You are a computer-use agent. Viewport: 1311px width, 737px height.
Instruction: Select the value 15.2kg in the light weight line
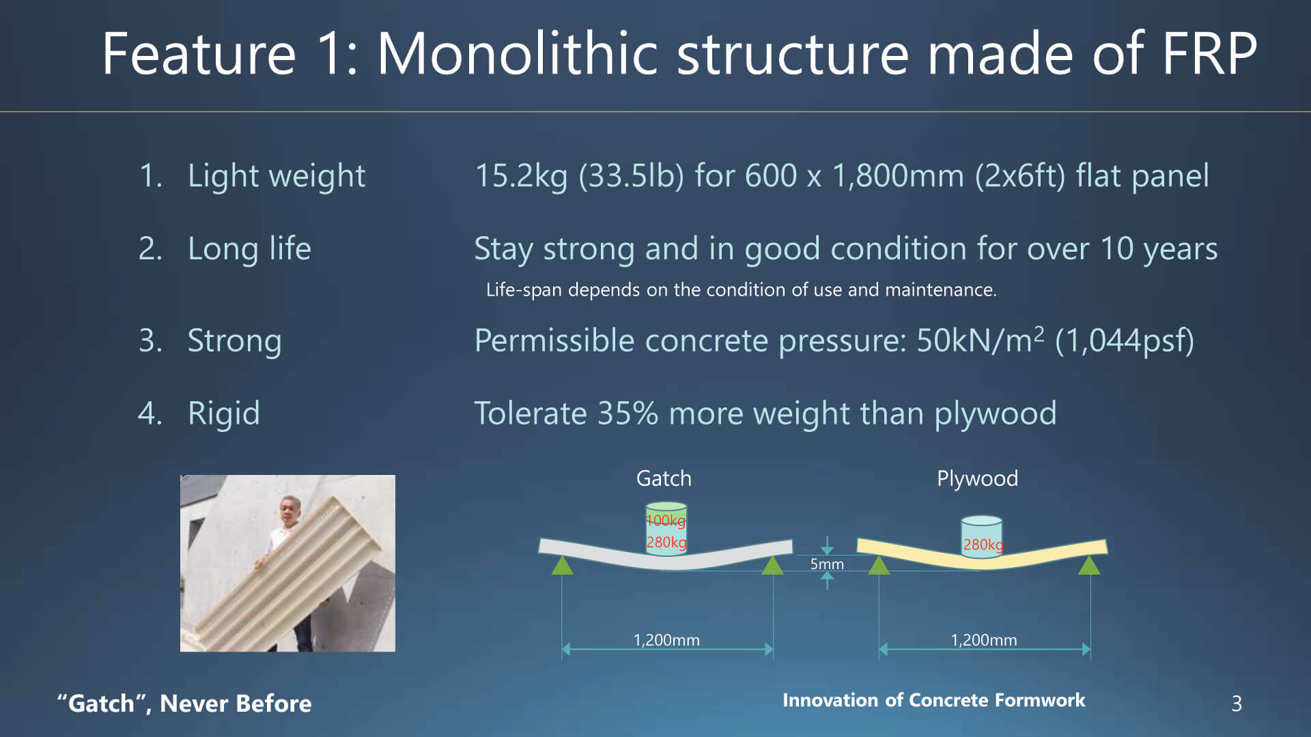[x=521, y=177]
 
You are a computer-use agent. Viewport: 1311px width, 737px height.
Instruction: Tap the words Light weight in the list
[x=277, y=177]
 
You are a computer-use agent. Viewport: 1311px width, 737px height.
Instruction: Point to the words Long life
[x=249, y=249]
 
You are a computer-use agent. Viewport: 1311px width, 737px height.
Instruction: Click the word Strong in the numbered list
[x=234, y=341]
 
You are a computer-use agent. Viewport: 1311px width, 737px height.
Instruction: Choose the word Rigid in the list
[x=224, y=414]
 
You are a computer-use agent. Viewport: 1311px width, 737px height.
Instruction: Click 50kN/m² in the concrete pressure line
[x=980, y=340]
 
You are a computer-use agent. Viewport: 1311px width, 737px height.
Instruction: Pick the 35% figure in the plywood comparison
[x=628, y=414]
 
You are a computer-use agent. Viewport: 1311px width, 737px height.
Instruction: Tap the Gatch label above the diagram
[x=664, y=478]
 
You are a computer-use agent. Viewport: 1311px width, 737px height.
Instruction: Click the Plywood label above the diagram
[x=977, y=479]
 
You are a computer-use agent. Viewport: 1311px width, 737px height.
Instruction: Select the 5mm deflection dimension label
[x=827, y=564]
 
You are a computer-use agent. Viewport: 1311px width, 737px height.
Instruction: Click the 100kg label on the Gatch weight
[x=666, y=521]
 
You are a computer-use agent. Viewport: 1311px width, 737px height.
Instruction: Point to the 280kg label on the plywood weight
[x=983, y=545]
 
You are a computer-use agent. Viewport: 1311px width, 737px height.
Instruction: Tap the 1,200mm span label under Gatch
[x=666, y=640]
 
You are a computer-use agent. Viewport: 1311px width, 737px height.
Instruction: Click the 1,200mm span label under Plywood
[x=984, y=640]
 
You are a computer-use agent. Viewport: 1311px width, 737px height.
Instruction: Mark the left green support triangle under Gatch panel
[x=562, y=565]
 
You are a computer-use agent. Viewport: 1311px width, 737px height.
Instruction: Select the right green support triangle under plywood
[x=1089, y=565]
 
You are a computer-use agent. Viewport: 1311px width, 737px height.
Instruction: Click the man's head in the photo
[x=290, y=509]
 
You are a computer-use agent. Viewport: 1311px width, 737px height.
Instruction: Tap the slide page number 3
[x=1237, y=704]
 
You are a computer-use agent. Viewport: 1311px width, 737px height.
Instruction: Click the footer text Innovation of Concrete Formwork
[x=933, y=700]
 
